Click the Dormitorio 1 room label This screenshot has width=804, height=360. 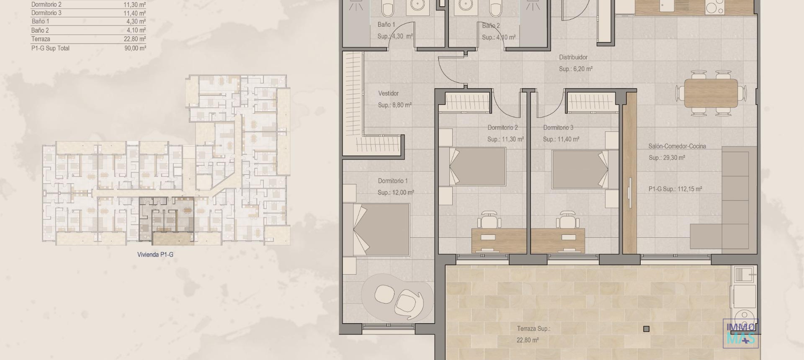pos(392,181)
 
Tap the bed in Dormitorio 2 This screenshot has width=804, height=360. pos(478,167)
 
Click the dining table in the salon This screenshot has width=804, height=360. pos(711,93)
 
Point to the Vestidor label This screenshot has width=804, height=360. pos(388,93)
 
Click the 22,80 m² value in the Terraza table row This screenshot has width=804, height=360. pos(135,39)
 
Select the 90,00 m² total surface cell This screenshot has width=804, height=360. pos(135,48)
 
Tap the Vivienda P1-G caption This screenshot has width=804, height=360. pos(155,255)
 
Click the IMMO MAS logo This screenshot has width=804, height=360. pos(740,334)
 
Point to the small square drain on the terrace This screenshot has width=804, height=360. pos(646,329)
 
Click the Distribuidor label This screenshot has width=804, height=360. pos(573,57)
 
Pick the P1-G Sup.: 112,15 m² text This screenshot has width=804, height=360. pos(675,189)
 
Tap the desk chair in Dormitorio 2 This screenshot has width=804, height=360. pos(490,219)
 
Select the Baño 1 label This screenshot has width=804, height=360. pos(386,25)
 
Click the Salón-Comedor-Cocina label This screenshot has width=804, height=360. pos(677,146)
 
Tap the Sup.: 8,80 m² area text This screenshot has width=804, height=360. pos(394,105)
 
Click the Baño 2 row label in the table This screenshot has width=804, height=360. pos(40,30)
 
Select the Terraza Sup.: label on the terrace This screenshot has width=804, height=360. pos(533,329)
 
